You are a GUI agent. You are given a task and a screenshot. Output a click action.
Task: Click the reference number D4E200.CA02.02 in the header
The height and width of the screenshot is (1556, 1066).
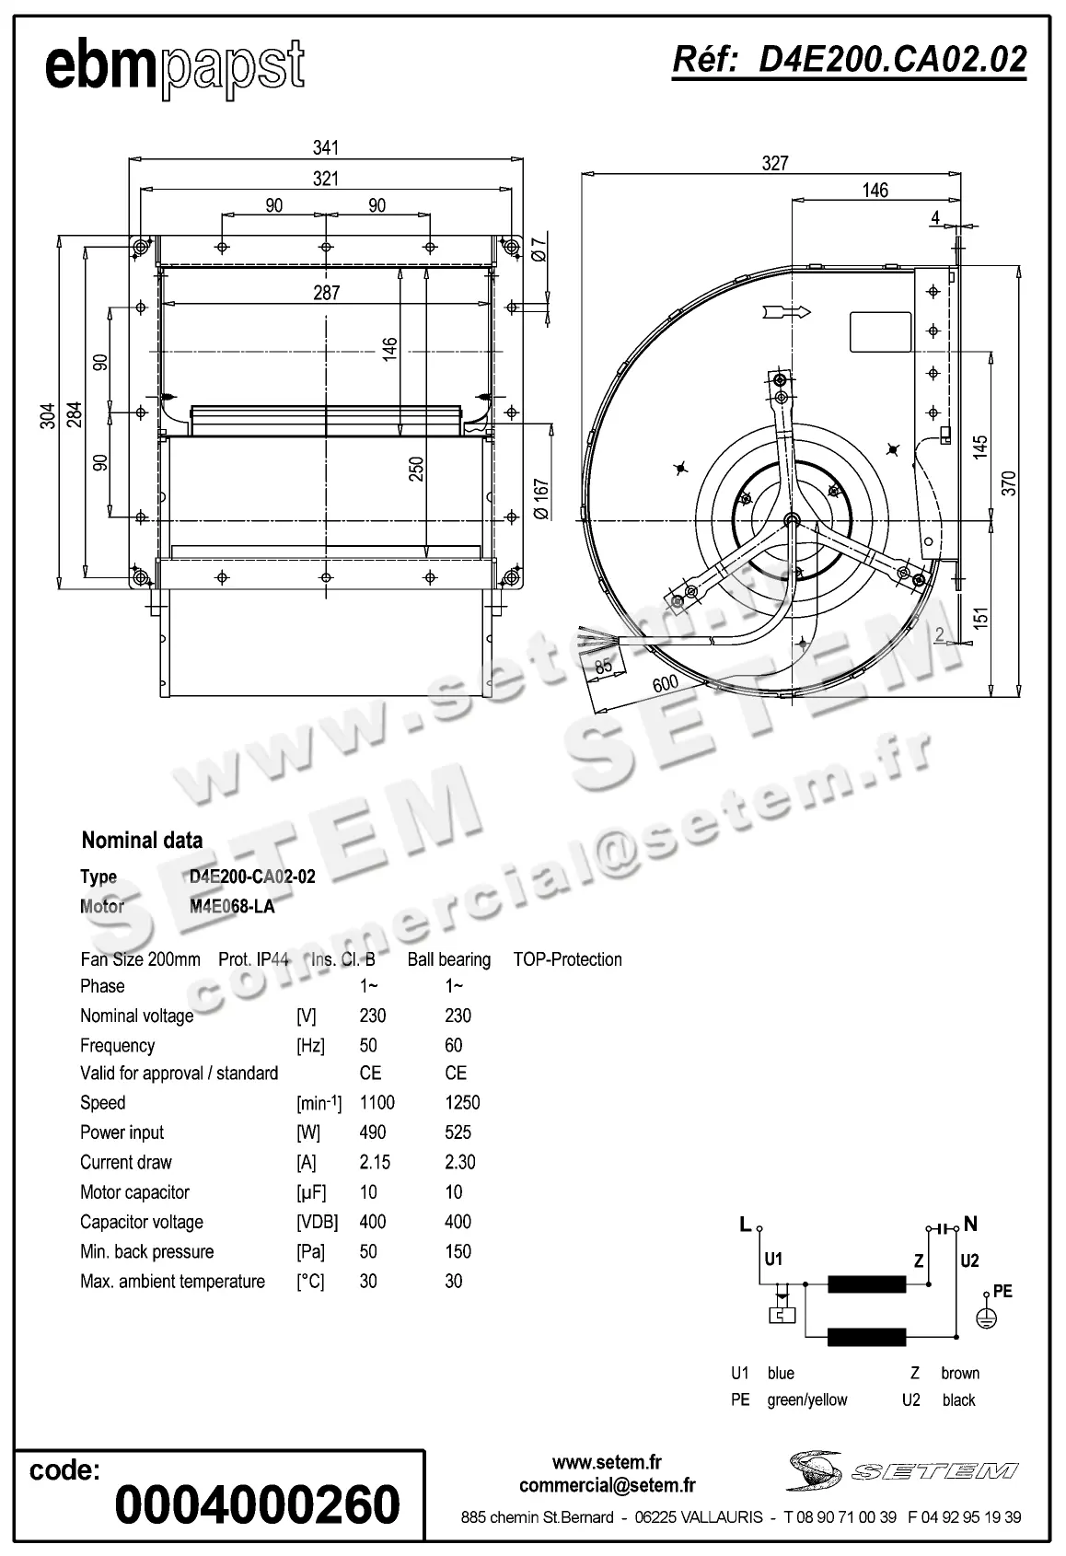[x=849, y=61]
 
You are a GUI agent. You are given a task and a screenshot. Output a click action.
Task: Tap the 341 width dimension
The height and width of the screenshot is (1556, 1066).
[x=326, y=147]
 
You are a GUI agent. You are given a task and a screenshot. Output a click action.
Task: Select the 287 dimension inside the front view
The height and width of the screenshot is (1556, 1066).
[x=326, y=293]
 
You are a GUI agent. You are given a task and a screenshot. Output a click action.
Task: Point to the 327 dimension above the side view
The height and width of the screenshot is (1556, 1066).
[x=775, y=163]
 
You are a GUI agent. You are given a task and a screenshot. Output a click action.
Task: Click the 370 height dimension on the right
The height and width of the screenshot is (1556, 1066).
[x=1009, y=482]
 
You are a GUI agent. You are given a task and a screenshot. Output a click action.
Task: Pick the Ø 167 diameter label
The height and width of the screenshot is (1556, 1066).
[x=541, y=498]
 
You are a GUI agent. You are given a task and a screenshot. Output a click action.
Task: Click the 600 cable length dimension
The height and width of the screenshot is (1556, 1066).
[x=665, y=683]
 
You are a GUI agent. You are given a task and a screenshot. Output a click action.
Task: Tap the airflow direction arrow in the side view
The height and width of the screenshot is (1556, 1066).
[x=787, y=312]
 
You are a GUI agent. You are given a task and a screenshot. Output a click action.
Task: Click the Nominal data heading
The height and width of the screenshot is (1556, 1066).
[x=142, y=840]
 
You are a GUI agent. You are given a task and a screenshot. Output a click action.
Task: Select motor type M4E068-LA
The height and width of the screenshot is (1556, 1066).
[x=232, y=906]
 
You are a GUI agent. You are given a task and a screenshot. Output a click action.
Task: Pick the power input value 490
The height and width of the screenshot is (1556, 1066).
[x=373, y=1132]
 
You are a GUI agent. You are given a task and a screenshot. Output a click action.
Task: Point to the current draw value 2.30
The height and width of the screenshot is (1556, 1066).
[x=460, y=1162]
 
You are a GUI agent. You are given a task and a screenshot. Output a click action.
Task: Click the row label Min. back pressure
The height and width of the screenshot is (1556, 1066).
[x=146, y=1251]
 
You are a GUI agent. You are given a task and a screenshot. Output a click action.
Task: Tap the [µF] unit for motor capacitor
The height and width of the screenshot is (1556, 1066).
[x=311, y=1192]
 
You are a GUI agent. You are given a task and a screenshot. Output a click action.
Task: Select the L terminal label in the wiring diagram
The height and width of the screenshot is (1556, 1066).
[x=745, y=1224]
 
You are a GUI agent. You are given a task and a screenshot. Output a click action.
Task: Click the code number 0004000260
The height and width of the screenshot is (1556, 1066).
[x=258, y=1504]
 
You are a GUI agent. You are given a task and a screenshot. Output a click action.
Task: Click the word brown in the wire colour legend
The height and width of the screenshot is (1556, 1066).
[x=960, y=1373]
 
